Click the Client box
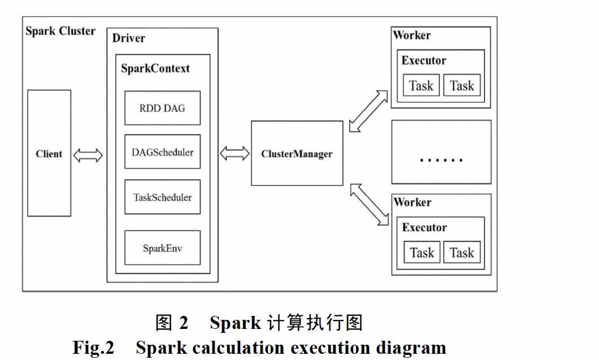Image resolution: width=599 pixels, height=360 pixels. (x=49, y=153)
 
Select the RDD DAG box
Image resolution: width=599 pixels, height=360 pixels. (x=162, y=108)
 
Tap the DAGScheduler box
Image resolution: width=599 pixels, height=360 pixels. (x=162, y=151)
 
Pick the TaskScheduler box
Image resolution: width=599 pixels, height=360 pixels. (x=162, y=197)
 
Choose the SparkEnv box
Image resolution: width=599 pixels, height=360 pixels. (x=162, y=248)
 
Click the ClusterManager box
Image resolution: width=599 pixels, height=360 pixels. (x=297, y=153)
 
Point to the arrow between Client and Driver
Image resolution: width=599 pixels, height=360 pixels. (x=88, y=155)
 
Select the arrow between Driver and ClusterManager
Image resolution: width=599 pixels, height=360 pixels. (x=235, y=153)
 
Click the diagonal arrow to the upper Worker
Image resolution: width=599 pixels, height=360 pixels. (x=368, y=111)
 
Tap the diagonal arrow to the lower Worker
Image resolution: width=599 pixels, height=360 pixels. (x=370, y=205)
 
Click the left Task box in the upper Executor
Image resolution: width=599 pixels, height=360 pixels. (x=422, y=85)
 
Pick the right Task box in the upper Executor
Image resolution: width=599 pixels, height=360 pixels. (x=462, y=85)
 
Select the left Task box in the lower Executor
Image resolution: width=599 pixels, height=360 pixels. (x=422, y=252)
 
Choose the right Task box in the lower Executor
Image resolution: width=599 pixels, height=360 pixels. (x=462, y=252)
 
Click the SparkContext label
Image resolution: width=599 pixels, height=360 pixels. (x=155, y=68)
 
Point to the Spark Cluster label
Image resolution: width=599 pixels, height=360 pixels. (x=60, y=31)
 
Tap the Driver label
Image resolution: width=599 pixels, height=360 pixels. (x=128, y=38)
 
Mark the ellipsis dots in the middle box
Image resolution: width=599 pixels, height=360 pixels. (x=441, y=160)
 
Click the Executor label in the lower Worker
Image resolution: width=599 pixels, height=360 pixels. (x=424, y=227)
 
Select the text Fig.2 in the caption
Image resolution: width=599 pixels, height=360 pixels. (x=94, y=348)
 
